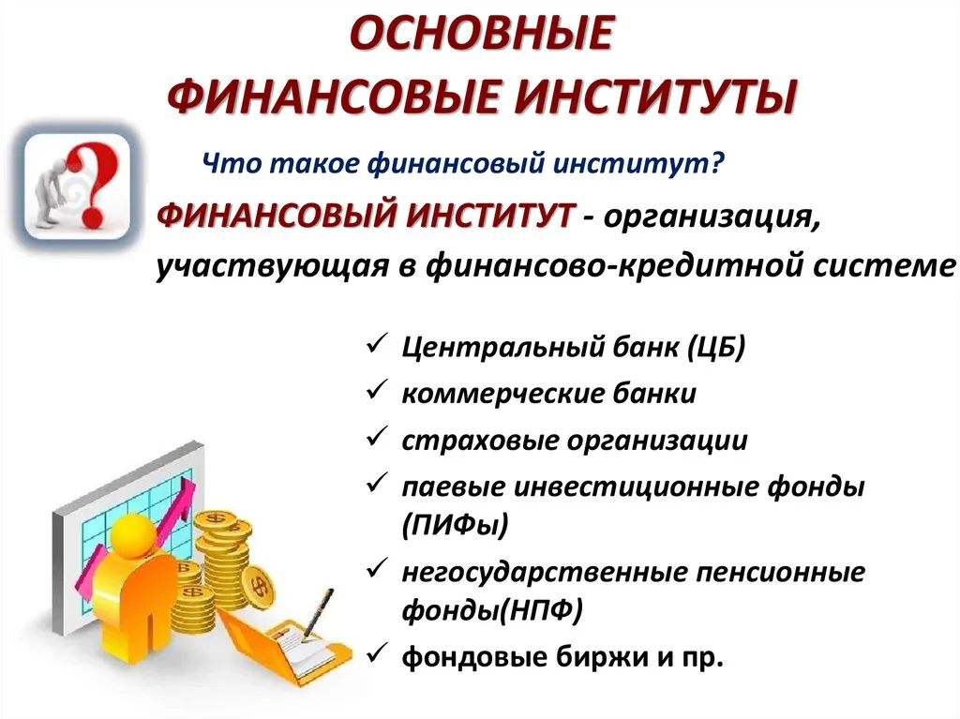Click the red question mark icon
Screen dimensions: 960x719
[x=91, y=182]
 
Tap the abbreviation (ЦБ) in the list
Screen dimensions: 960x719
[x=716, y=347]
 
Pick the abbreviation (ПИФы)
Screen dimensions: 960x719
[x=456, y=525]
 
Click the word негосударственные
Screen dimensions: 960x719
[x=545, y=573]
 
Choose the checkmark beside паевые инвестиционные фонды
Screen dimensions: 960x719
[x=377, y=483]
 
